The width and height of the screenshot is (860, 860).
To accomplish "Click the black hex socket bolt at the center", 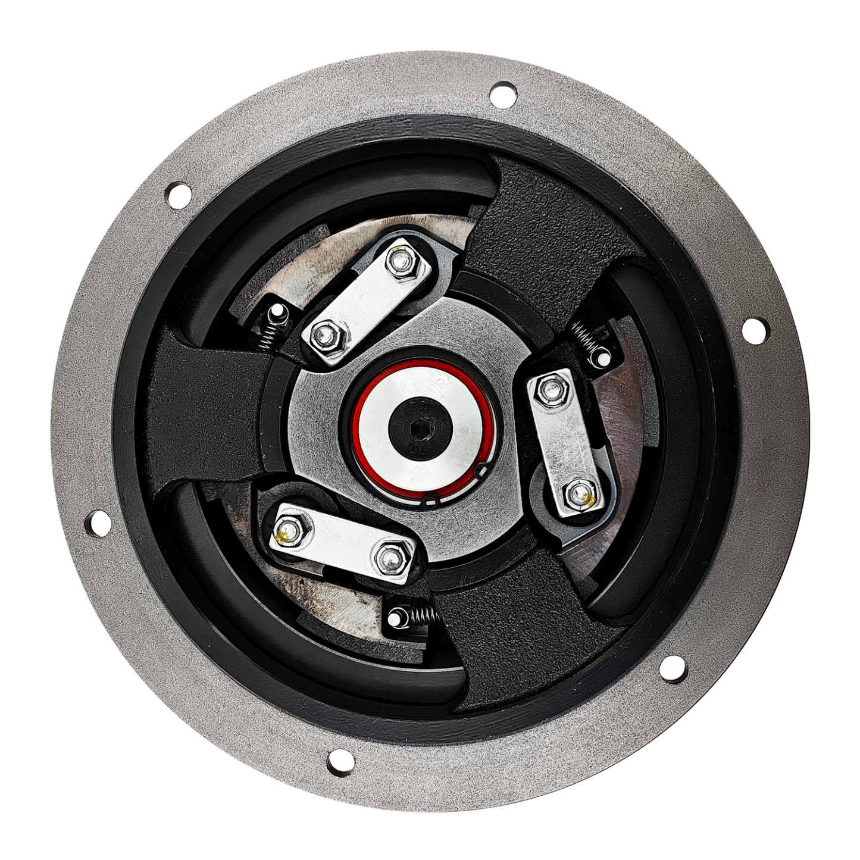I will pyautogui.click(x=420, y=426).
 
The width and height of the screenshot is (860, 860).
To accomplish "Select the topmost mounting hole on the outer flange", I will pyautogui.click(x=502, y=95).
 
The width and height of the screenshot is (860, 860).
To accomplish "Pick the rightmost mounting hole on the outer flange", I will pyautogui.click(x=753, y=330).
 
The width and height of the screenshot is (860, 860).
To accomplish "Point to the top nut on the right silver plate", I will pyautogui.click(x=548, y=389).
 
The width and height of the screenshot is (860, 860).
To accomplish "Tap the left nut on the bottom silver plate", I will pyautogui.click(x=289, y=530).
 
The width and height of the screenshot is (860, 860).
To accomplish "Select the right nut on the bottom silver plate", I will pyautogui.click(x=389, y=556).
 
